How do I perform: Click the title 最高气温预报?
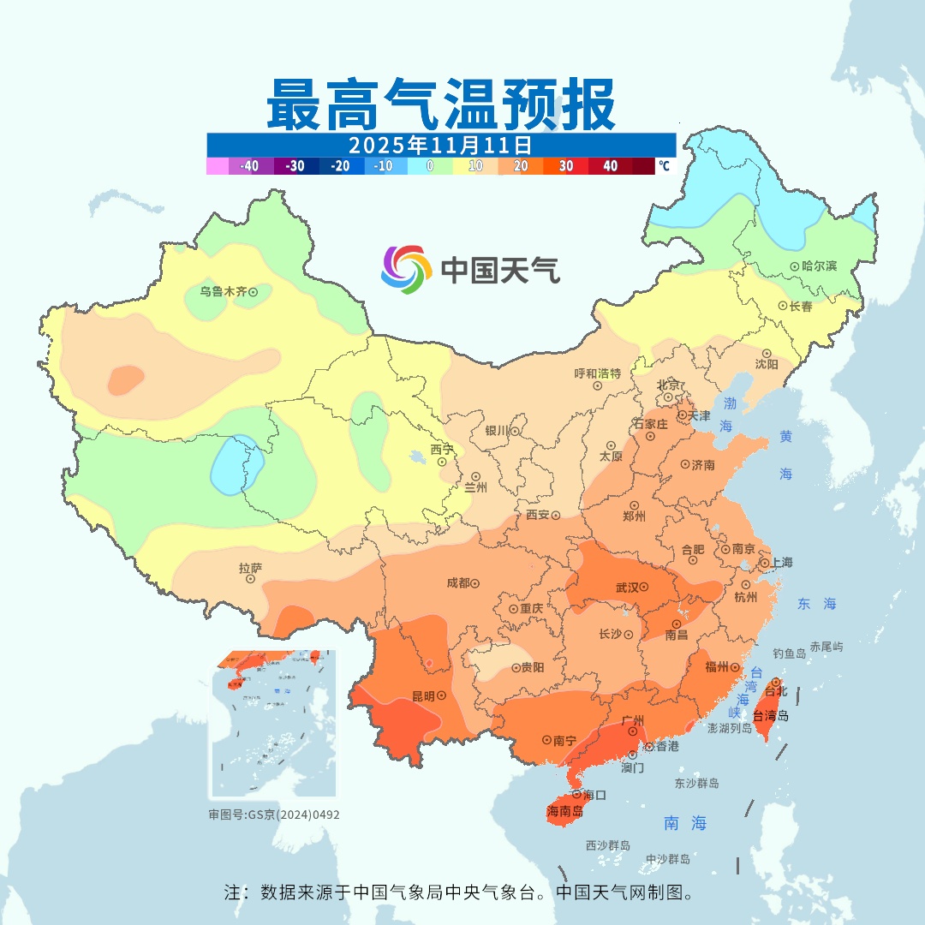tap(440, 104)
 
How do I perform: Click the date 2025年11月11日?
tap(440, 144)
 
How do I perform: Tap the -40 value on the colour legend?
tap(250, 166)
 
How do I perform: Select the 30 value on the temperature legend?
tap(566, 166)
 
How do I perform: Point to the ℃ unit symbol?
tap(664, 166)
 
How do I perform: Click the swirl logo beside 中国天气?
tap(405, 270)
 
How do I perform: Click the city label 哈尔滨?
tap(819, 266)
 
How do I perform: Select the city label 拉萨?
tap(250, 567)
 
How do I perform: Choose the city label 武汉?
tap(627, 588)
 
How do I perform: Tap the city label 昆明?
tap(423, 696)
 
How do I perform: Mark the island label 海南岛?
tap(565, 811)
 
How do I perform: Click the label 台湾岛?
tap(771, 716)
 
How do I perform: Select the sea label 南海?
tap(685, 823)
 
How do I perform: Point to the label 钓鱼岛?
tap(789, 653)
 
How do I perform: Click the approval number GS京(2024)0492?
tap(273, 815)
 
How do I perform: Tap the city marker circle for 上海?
tap(763, 564)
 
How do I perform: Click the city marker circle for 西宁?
tap(442, 462)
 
